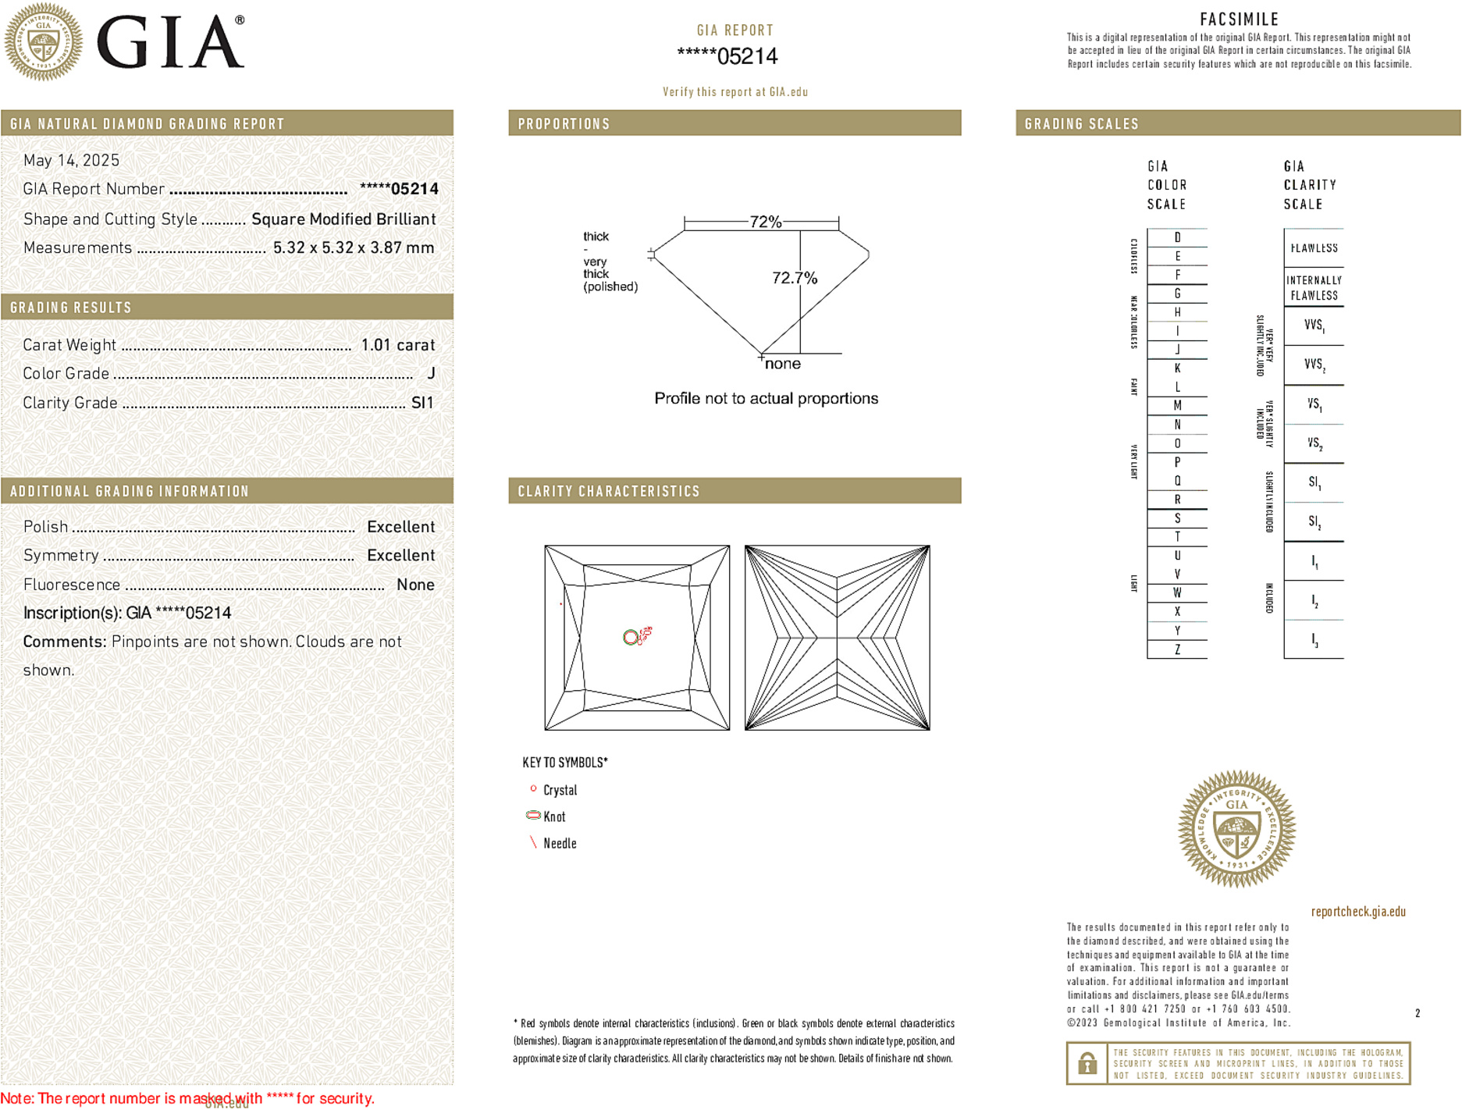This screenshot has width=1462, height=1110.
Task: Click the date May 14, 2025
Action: (71, 160)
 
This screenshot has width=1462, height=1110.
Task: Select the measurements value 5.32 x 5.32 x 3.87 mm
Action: (354, 247)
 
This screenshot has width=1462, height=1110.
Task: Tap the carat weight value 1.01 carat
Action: (397, 345)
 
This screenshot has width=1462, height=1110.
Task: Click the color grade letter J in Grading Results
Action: (431, 374)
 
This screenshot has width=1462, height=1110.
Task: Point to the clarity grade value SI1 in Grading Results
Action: (422, 403)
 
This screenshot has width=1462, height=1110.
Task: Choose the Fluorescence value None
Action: (415, 585)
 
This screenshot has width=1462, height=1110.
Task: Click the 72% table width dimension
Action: (765, 222)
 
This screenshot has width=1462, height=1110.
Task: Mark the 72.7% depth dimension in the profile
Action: (794, 278)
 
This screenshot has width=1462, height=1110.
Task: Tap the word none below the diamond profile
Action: (782, 364)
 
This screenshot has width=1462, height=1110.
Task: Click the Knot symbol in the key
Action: (534, 815)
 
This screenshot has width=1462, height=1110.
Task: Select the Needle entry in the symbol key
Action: (560, 843)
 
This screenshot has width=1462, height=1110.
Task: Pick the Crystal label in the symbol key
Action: (560, 790)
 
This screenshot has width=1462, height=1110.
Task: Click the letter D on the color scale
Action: (1177, 237)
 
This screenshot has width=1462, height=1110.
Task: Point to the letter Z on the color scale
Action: (1177, 649)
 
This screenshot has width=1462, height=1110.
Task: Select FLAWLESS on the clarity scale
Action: (1314, 248)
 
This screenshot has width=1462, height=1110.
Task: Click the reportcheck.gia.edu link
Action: (1358, 911)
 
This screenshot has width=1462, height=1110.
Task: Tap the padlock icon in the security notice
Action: (1087, 1063)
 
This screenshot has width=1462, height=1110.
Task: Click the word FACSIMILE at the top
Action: (1239, 20)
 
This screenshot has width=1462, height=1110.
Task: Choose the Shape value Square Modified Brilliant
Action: (343, 219)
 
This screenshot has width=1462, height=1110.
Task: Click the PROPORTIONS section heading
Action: (564, 124)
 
